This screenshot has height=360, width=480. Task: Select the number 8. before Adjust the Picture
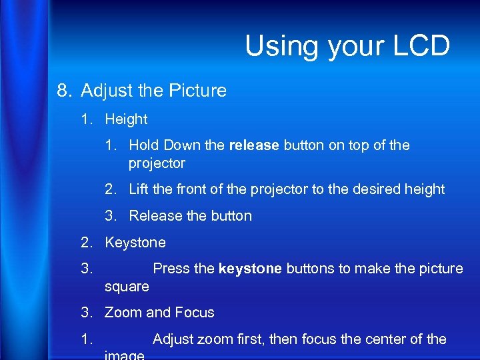pyautogui.click(x=65, y=91)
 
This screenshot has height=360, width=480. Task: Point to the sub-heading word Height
pyautogui.click(x=126, y=120)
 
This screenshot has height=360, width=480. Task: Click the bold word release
pyautogui.click(x=254, y=145)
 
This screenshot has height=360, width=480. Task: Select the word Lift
pyautogui.click(x=139, y=189)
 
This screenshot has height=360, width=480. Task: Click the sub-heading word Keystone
pyautogui.click(x=135, y=243)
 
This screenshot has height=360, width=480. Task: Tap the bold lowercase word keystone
pyautogui.click(x=250, y=269)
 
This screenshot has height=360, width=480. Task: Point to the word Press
pyautogui.click(x=173, y=269)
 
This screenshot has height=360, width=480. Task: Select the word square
pyautogui.click(x=127, y=287)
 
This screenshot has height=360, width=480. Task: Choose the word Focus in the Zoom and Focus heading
pyautogui.click(x=195, y=313)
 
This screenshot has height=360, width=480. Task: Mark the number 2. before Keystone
pyautogui.click(x=87, y=243)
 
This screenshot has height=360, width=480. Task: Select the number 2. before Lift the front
pyautogui.click(x=111, y=189)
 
